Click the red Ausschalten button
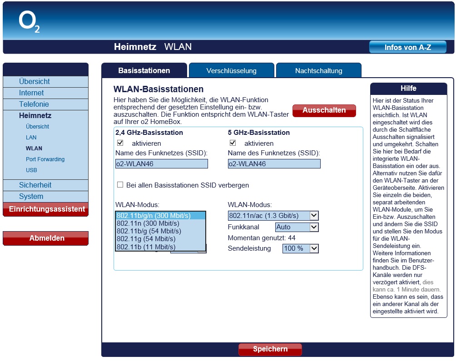[324, 110]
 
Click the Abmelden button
[45, 238]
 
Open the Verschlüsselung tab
[231, 70]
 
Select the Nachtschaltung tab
[318, 70]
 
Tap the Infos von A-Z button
[407, 47]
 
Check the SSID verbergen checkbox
[120, 185]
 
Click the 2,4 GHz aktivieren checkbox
[120, 143]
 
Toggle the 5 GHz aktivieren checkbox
[233, 143]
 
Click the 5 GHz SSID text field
[274, 164]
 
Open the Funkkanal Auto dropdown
[297, 227]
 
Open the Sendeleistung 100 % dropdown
[300, 248]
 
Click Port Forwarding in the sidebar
[45, 159]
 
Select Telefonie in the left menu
[34, 104]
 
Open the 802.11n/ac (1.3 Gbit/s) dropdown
[273, 215]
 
